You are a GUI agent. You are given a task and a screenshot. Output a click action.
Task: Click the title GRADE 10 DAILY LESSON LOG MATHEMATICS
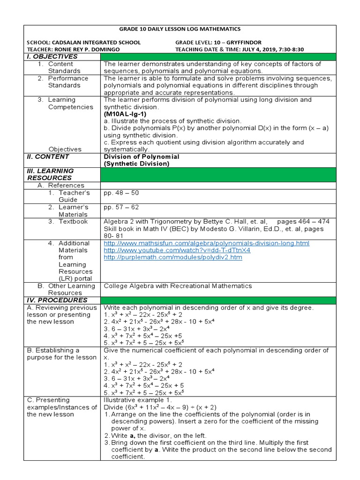(x=180, y=29)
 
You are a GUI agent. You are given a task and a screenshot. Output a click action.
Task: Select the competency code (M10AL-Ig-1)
(x=126, y=114)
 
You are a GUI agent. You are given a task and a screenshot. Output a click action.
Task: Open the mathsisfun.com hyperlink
(x=206, y=243)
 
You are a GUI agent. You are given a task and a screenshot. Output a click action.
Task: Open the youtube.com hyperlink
(x=177, y=250)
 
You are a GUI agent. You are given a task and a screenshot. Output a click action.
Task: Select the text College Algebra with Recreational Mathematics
(x=178, y=286)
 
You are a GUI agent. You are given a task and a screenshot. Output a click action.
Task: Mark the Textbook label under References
(x=73, y=221)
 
